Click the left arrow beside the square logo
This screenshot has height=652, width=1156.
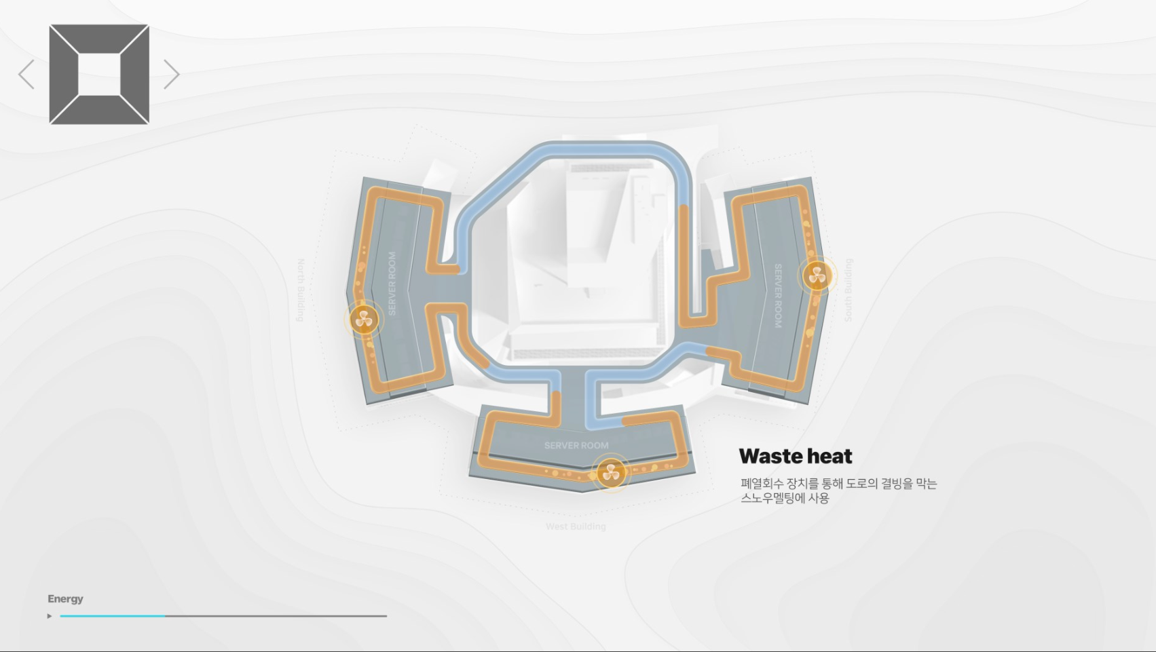[x=26, y=75]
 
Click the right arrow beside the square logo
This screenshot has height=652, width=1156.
[x=171, y=75]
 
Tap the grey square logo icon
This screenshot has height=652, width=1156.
[x=99, y=75]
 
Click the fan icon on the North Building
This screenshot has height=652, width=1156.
[x=364, y=320]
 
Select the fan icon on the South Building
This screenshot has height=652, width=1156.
[x=817, y=276]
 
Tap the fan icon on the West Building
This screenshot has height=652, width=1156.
[x=611, y=472]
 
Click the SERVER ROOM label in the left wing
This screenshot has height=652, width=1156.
[x=392, y=284]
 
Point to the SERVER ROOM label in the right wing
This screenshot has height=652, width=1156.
[x=778, y=296]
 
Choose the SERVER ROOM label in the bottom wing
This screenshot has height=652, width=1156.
[x=576, y=446]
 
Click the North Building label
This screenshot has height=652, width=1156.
[x=301, y=290]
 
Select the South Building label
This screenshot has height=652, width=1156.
[x=849, y=290]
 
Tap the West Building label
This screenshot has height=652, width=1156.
[x=576, y=526]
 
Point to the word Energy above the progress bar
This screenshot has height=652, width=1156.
[x=65, y=598]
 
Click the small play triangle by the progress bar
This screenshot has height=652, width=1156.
[x=50, y=616]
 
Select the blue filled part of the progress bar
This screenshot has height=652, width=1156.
[x=112, y=616]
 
